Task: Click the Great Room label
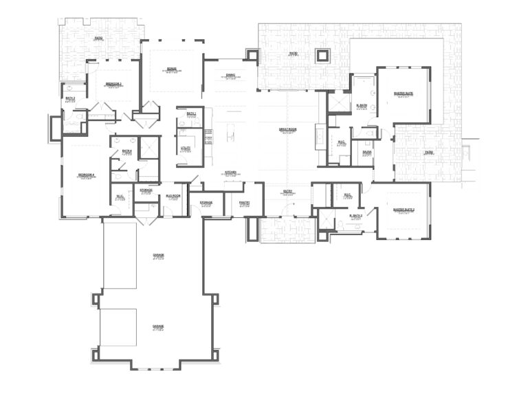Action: tap(287, 129)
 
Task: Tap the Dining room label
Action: tap(231, 76)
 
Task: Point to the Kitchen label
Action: tap(231, 173)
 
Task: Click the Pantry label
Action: tap(244, 203)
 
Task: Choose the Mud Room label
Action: tap(173, 196)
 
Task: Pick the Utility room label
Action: tap(186, 147)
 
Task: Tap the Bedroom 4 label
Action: tap(87, 175)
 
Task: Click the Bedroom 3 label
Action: tap(113, 84)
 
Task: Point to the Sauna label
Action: tap(366, 153)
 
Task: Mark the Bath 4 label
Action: tap(126, 151)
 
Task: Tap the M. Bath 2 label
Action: tap(355, 216)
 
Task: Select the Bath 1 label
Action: tap(190, 113)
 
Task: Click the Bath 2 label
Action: tap(70, 98)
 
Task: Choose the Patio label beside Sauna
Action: tap(428, 153)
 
